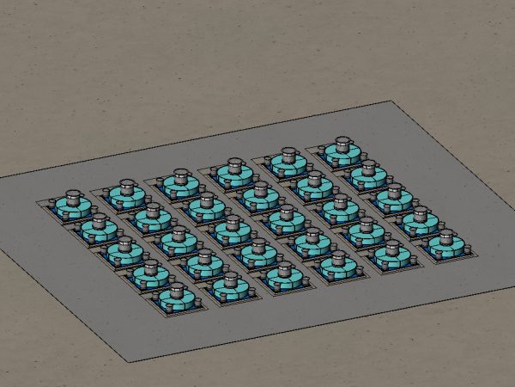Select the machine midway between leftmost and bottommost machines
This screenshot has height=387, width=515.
[x=125, y=249]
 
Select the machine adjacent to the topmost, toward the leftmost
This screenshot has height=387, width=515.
[x=288, y=156]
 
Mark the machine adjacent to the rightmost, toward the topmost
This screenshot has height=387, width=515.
[x=421, y=218]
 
